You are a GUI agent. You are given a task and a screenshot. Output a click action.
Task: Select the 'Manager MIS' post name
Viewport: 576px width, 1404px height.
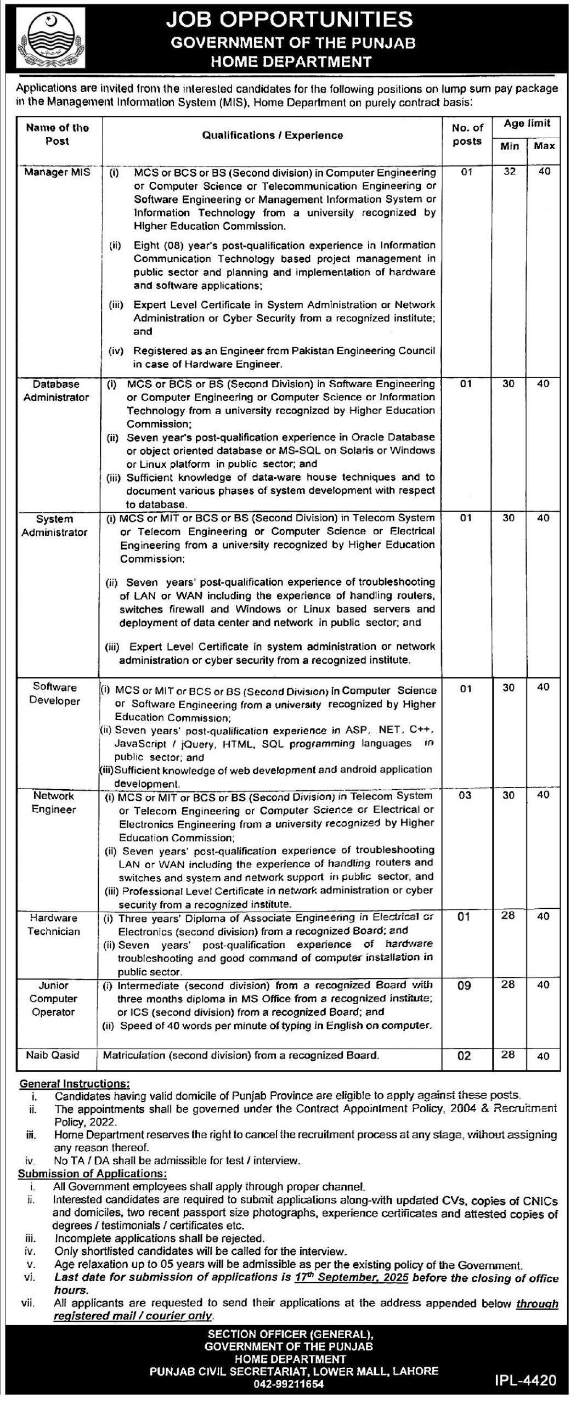click(57, 172)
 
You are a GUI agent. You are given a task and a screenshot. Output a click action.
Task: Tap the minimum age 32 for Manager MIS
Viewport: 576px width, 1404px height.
click(510, 171)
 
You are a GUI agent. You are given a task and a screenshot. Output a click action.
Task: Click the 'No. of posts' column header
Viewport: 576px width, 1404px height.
click(468, 134)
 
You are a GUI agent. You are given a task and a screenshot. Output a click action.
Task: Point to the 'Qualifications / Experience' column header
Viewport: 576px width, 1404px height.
click(272, 135)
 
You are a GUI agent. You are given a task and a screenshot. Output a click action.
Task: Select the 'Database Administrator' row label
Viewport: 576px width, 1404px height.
click(56, 390)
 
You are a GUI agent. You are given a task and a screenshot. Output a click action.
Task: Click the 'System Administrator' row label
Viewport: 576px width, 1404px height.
click(55, 525)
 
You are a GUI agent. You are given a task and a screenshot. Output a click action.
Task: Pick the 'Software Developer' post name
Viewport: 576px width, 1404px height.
click(55, 694)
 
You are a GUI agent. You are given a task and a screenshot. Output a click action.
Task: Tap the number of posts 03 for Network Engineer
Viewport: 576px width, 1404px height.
click(465, 796)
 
